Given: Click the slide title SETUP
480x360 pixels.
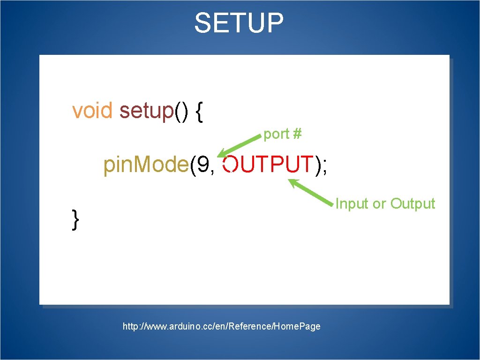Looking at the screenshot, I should (239, 23).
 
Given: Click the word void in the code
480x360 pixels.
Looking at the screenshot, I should (92, 111).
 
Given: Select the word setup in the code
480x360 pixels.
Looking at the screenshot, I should (146, 112).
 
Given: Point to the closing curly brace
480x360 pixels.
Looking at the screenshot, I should (75, 219).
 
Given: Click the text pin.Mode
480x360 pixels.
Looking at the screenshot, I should (146, 165).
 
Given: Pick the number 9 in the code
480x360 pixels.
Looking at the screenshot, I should (203, 165).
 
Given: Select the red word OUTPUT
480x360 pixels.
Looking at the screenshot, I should (267, 165).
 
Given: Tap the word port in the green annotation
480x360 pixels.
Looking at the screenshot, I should (276, 135).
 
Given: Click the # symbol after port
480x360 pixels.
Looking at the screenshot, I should (297, 135).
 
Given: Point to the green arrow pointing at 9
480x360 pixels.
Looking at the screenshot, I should (239, 145).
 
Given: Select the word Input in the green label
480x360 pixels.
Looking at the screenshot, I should (352, 204).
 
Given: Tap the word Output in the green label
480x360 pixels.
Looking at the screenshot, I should (412, 204).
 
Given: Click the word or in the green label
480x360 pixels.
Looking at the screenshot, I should (379, 204).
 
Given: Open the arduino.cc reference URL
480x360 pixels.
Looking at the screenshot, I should (221, 326).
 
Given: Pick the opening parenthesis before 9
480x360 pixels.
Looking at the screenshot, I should (193, 165).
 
